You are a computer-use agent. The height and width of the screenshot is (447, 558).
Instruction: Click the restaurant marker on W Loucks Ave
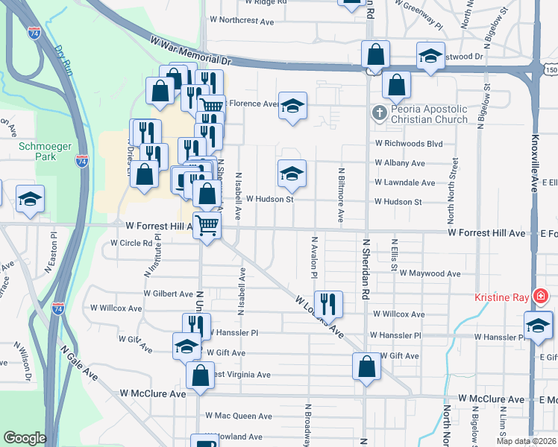point(327,303)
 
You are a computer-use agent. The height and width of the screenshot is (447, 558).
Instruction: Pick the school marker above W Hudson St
point(292,174)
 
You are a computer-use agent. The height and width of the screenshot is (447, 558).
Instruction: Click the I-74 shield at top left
point(34,33)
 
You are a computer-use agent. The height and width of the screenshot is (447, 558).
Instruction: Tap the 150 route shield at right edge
point(551,69)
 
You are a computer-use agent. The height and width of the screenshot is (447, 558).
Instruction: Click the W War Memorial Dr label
point(191,51)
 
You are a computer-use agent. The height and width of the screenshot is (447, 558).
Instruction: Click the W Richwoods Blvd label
point(409,143)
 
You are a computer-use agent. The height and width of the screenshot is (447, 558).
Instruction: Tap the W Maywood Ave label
point(430,273)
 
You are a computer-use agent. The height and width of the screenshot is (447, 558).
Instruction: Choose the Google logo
point(25,438)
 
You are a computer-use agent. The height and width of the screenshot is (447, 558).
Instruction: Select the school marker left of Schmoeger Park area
point(30,199)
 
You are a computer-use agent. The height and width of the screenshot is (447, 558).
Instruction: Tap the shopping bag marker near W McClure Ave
point(200,375)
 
